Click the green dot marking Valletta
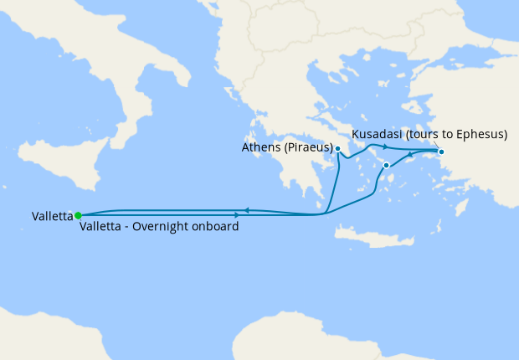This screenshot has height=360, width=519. point(78,215)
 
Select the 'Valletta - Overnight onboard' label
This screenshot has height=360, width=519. point(158,227)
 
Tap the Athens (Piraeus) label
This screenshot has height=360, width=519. point(285,147)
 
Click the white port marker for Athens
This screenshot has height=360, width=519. point(337,149)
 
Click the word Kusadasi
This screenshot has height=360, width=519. point(376,134)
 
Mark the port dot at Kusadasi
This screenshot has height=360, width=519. point(441,152)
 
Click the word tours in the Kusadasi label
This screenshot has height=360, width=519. point(420,134)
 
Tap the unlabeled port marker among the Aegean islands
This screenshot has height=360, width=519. point(386,166)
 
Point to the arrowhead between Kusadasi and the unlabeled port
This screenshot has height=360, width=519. point(410,157)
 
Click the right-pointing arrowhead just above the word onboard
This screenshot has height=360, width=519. point(225,214)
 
